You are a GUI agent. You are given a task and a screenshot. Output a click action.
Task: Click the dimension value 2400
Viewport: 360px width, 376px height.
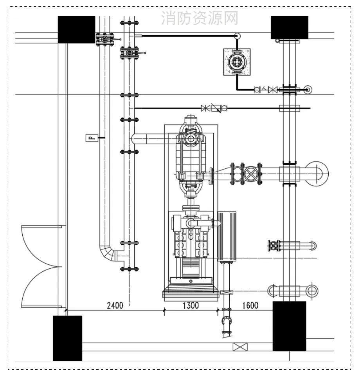[x=115, y=305]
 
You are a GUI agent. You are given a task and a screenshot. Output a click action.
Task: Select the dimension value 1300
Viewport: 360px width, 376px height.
[x=191, y=305]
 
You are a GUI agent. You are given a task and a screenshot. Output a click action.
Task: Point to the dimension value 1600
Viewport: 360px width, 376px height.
[x=250, y=305]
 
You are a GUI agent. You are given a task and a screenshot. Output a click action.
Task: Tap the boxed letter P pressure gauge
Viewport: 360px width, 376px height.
[x=92, y=138]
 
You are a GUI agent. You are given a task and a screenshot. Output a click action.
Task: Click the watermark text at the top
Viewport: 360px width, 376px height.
[x=200, y=18]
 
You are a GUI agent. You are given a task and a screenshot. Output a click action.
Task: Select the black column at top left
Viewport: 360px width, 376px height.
[x=76, y=29]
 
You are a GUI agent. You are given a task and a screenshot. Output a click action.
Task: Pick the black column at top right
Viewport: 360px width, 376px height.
[x=289, y=27]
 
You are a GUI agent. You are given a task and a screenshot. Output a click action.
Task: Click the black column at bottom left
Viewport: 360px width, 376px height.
[x=68, y=338]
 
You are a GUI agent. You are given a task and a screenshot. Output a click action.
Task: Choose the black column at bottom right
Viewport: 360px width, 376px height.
[x=289, y=326]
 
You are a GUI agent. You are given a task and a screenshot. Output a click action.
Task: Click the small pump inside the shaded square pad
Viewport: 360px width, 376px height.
[x=237, y=62]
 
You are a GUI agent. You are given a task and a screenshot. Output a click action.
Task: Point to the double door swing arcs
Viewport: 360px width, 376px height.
[x=41, y=266]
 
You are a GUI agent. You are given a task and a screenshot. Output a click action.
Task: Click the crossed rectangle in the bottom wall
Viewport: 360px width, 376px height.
[x=240, y=347]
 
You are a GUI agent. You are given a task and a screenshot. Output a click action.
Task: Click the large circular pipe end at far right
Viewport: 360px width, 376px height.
[x=317, y=174]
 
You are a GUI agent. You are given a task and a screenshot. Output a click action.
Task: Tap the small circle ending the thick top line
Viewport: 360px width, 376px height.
[x=237, y=36]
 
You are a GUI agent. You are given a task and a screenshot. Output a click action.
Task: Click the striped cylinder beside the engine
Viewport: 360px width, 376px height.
[x=227, y=237]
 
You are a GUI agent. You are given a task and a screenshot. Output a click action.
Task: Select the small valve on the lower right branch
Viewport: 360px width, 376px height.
[x=274, y=246]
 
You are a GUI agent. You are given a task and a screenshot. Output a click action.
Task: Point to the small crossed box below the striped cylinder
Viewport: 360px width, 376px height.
[x=226, y=292]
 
